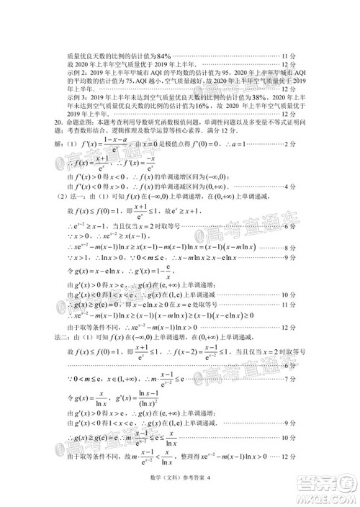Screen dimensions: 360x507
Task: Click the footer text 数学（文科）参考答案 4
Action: [x=178, y=493]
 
